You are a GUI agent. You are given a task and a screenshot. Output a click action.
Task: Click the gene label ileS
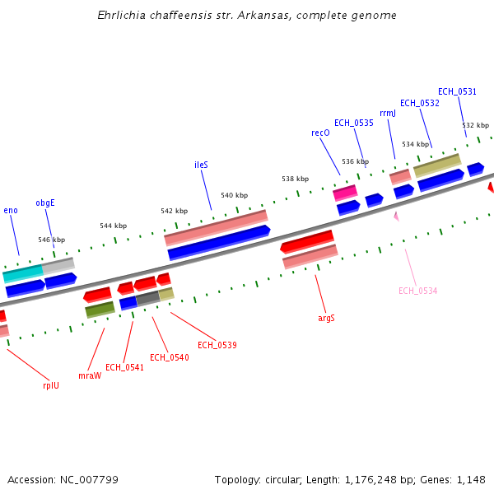click(x=201, y=165)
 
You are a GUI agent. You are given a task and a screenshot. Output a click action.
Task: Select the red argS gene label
click(x=326, y=318)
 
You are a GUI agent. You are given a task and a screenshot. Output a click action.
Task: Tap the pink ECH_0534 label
click(x=417, y=291)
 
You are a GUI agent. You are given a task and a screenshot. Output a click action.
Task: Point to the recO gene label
click(x=320, y=133)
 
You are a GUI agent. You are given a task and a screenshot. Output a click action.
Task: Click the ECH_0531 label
click(x=457, y=91)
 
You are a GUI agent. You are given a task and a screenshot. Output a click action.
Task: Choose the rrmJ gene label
click(x=388, y=114)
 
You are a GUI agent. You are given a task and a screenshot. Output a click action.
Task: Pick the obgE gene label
click(x=45, y=203)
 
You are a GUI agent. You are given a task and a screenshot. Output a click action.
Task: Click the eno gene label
click(x=11, y=211)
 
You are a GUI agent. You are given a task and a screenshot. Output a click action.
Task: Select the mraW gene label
click(x=89, y=375)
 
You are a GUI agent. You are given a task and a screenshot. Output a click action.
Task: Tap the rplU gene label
click(x=51, y=384)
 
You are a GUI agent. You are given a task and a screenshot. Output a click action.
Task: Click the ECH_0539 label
click(x=217, y=345)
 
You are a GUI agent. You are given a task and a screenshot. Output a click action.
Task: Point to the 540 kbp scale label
click(x=234, y=195)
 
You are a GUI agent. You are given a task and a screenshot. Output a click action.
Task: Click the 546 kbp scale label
click(x=51, y=240)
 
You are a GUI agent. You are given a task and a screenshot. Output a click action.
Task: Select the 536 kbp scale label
click(x=355, y=161)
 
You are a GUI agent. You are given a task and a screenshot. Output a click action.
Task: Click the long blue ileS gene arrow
click(x=219, y=243)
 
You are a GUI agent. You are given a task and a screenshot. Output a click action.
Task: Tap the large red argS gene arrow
click(x=307, y=242)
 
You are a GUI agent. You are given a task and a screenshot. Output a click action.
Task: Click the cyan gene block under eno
click(x=22, y=273)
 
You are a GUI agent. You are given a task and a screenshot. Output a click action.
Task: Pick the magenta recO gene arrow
click(x=345, y=193)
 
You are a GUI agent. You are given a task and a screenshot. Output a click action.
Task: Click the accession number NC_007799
click(x=63, y=479)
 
